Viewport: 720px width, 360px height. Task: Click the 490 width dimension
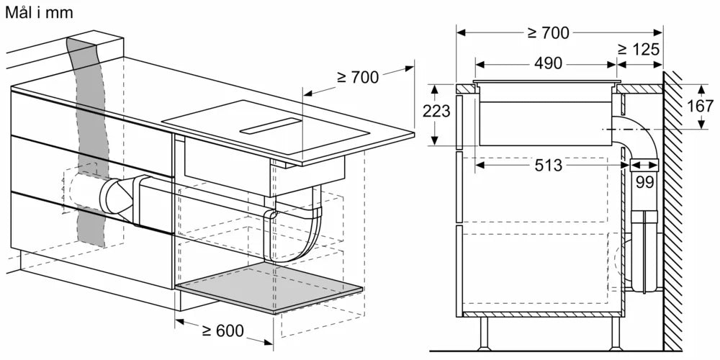point(548,63)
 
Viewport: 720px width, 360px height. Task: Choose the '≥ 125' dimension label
point(639,49)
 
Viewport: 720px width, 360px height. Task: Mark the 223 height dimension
point(437,112)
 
